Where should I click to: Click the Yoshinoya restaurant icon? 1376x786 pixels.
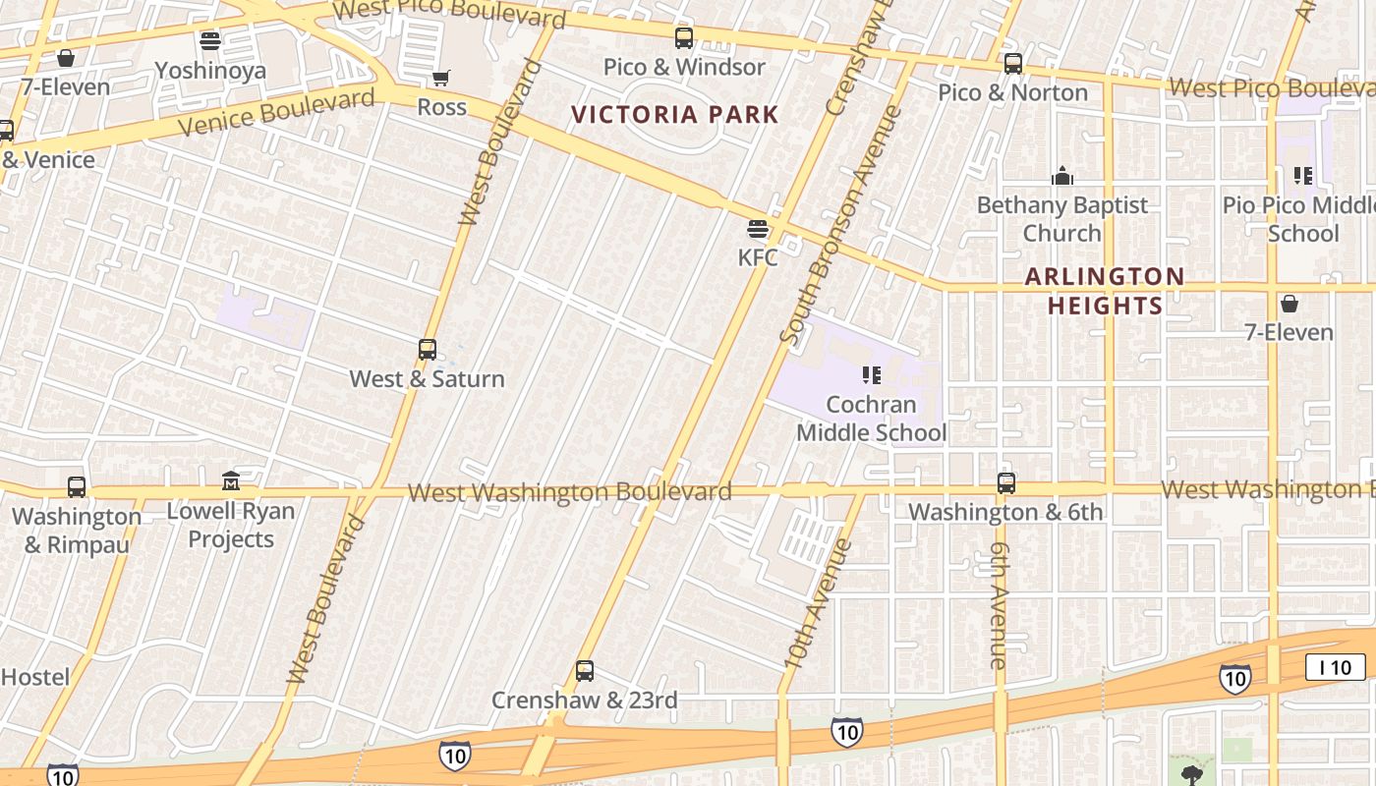pos(209,41)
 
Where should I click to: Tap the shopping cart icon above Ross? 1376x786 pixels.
pos(441,78)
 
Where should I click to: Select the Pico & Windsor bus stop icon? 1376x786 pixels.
pos(684,38)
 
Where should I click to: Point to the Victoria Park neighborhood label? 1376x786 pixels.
pos(675,115)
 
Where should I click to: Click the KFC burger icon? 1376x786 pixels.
pos(758,229)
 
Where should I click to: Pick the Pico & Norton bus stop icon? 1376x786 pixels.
pos(1013,64)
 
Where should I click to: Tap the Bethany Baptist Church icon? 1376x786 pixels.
pos(1061,177)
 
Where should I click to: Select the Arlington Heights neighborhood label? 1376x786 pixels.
pos(1105,291)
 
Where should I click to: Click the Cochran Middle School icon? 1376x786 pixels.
pos(871,375)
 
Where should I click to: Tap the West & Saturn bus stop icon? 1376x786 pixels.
pos(428,350)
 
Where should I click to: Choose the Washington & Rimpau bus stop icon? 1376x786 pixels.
pos(77,487)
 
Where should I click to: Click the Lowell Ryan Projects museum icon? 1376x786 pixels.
pos(231,481)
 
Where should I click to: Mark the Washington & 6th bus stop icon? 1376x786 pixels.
pos(1006,483)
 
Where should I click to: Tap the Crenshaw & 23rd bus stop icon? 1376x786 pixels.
pos(585,671)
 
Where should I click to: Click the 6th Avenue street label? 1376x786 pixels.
pos(1000,604)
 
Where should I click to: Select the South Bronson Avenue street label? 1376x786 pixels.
pos(841,224)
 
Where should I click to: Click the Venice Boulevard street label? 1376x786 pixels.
pos(276,111)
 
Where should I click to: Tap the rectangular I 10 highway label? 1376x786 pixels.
pos(1336,668)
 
